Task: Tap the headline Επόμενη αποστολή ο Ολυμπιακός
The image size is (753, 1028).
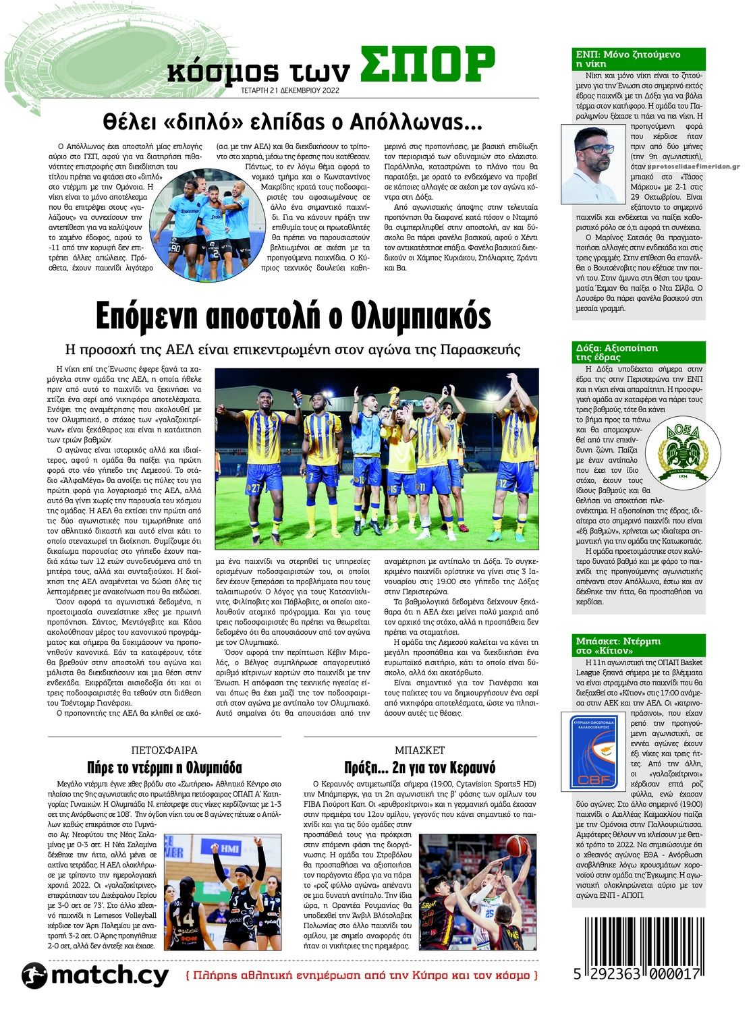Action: [293, 315]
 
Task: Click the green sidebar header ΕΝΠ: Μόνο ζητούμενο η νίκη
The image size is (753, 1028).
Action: [637, 58]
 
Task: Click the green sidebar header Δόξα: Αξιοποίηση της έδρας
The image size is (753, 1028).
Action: [637, 352]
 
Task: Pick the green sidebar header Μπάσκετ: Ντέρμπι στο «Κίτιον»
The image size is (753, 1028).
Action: [637, 646]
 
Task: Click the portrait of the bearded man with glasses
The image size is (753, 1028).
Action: [594, 165]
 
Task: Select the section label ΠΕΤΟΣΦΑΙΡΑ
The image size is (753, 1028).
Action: [164, 750]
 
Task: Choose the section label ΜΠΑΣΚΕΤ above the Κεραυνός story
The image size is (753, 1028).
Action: [420, 750]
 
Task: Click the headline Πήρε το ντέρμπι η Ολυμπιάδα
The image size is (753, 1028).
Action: [164, 768]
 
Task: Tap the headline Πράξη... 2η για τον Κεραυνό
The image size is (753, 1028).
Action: [420, 768]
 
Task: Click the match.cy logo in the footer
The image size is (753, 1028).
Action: [94, 975]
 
